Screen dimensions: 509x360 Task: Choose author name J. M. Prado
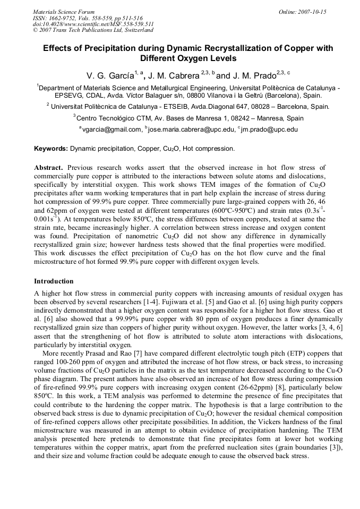(x=261, y=76)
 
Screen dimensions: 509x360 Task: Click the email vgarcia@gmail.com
(x=112, y=129)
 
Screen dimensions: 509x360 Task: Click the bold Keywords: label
(x=51, y=149)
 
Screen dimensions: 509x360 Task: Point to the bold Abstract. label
(x=49, y=167)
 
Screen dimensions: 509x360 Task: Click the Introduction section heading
(x=54, y=281)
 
